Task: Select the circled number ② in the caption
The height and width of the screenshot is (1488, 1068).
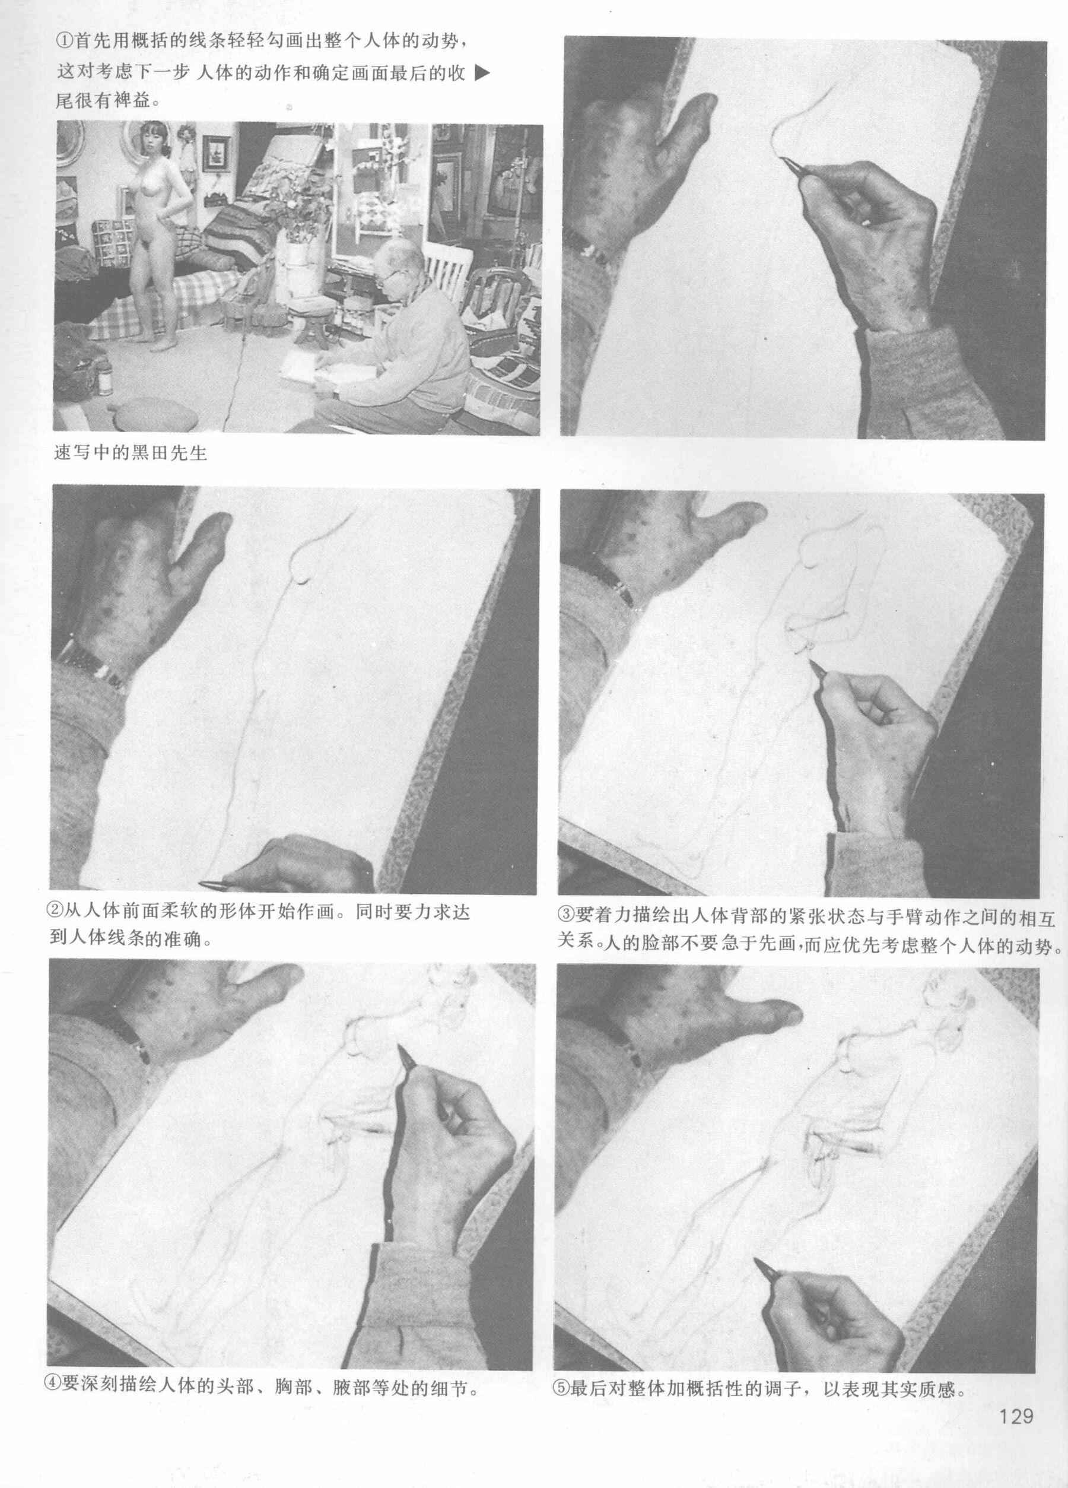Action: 57,913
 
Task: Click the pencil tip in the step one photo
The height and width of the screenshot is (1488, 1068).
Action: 781,157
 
